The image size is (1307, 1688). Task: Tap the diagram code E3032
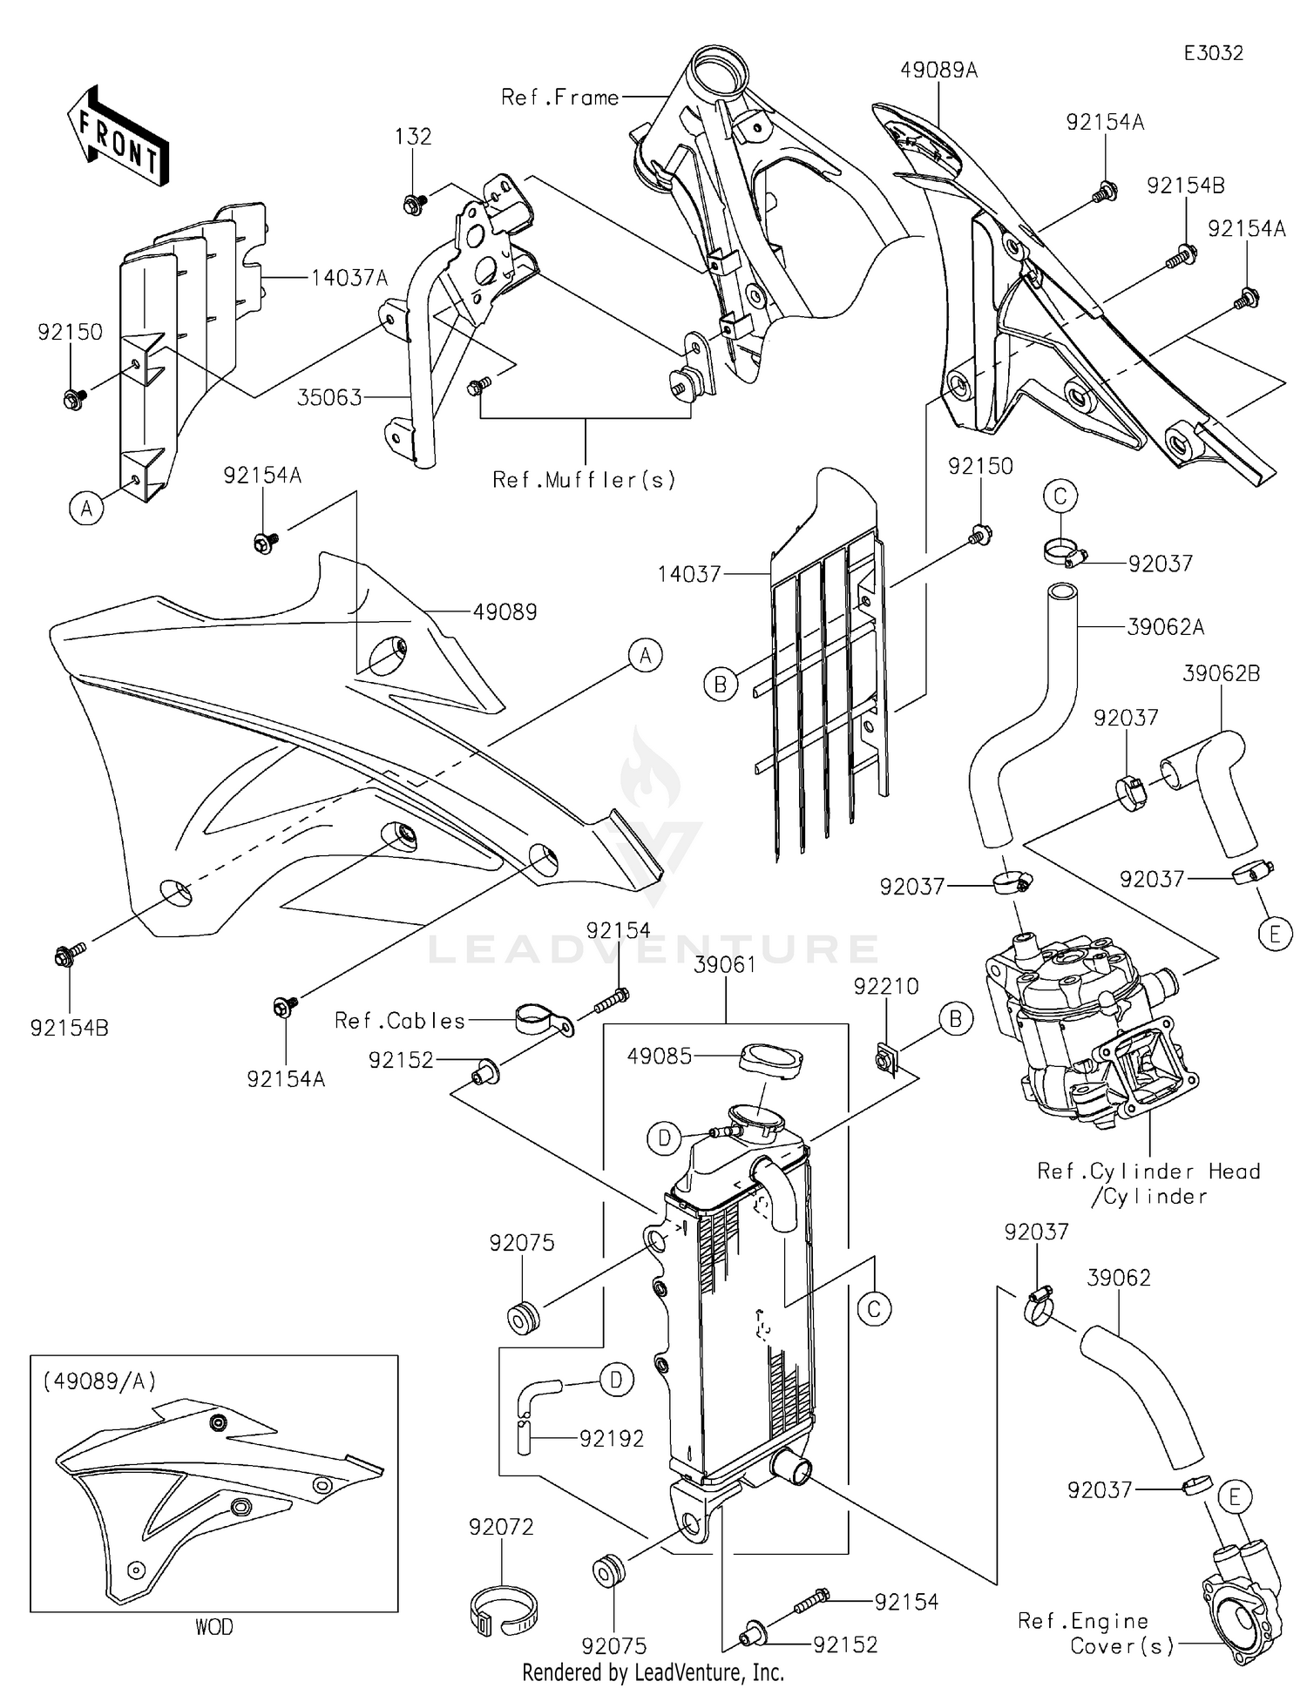[x=1213, y=53]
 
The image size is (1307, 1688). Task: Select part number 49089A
[x=939, y=71]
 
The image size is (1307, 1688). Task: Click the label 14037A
[x=349, y=278]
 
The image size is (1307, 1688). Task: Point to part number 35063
[x=329, y=398]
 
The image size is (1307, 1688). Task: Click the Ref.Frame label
[x=560, y=98]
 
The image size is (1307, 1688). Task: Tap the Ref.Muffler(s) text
[x=585, y=479]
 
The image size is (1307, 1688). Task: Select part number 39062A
[x=1166, y=627]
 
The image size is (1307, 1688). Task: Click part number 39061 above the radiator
[x=726, y=965]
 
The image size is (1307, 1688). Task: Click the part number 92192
[x=612, y=1439]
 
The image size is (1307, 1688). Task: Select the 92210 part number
[x=886, y=987]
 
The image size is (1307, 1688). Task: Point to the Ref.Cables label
[x=401, y=1021]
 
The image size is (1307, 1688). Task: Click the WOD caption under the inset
[x=213, y=1627]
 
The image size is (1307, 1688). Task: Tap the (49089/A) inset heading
[x=98, y=1381]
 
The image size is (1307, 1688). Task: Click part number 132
[x=413, y=137]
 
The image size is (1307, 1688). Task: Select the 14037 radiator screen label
[x=689, y=574]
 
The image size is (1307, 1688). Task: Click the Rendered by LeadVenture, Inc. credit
[x=653, y=1672]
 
